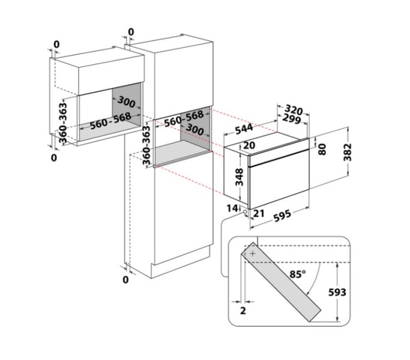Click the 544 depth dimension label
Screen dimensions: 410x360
(244, 128)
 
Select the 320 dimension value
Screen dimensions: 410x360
(294, 110)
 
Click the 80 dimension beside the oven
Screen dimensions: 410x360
(322, 149)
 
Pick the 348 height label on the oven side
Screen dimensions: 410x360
(240, 177)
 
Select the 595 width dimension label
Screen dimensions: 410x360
(282, 215)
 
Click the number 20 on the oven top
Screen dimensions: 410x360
(249, 145)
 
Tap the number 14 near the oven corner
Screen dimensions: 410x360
(232, 208)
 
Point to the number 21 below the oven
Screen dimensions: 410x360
(259, 214)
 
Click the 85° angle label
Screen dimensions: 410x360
(298, 274)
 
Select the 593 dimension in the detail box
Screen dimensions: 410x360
(337, 292)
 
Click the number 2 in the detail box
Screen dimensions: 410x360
(243, 311)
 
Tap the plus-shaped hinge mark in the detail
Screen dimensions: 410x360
(253, 253)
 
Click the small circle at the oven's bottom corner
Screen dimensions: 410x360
(246, 212)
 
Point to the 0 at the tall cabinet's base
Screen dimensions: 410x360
(126, 280)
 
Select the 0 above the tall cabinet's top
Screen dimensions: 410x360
(131, 32)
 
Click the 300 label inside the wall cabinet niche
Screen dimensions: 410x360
(127, 101)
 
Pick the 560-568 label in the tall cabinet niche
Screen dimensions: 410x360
(184, 118)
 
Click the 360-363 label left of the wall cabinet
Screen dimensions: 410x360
(63, 123)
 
